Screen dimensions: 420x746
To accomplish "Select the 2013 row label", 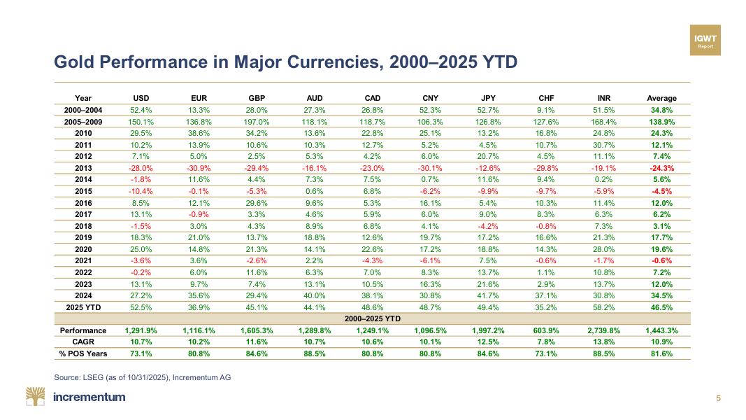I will [x=83, y=167].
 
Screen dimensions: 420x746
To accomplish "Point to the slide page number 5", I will [x=718, y=398].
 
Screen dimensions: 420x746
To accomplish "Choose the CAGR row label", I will [x=83, y=342].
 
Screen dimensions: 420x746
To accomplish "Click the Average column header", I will [x=661, y=98].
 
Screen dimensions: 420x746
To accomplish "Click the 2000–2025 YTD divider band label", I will [x=372, y=318].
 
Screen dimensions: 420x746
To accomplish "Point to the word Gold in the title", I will [x=73, y=62].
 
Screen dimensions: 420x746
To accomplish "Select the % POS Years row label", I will [x=83, y=353].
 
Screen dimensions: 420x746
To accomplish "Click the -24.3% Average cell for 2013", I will [x=661, y=167].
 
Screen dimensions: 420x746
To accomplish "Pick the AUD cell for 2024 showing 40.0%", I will [x=315, y=295].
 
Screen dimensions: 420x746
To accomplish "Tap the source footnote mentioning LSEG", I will [x=142, y=378].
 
